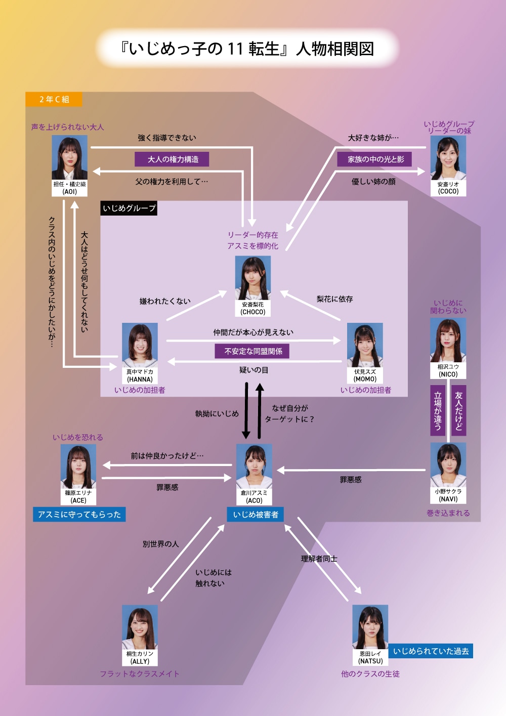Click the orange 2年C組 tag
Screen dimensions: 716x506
pyautogui.click(x=54, y=99)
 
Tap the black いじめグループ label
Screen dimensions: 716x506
pyautogui.click(x=129, y=208)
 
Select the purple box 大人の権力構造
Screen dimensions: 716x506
pyautogui.click(x=172, y=159)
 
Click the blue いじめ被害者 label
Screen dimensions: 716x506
pyautogui.click(x=256, y=515)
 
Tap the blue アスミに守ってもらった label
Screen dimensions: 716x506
pyautogui.click(x=79, y=515)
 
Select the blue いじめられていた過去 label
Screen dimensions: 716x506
pyautogui.click(x=431, y=651)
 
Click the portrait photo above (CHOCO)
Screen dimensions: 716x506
pyautogui.click(x=253, y=278)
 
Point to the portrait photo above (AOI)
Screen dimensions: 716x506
pyautogui.click(x=70, y=157)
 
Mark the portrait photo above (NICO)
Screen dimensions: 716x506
pyautogui.click(x=448, y=340)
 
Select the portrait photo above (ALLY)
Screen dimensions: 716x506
pyautogui.click(x=140, y=627)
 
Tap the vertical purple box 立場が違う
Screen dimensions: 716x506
pyautogui.click(x=438, y=410)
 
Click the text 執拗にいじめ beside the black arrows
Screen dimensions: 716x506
pyautogui.click(x=217, y=414)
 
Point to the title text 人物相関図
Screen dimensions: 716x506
pyautogui.click(x=335, y=49)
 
